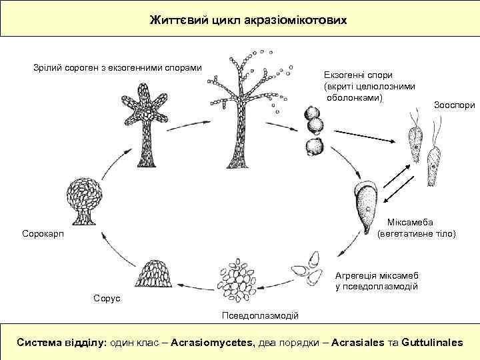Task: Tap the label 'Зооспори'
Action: coord(454,105)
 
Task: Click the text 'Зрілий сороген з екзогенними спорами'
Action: coord(117,67)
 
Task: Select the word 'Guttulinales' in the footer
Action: coord(432,342)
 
